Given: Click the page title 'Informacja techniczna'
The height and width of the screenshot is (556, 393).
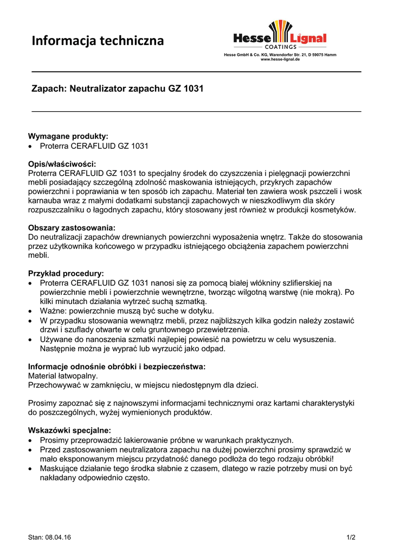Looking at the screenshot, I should pyautogui.click(x=98, y=41).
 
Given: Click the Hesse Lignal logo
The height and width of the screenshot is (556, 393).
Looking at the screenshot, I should pyautogui.click(x=280, y=34).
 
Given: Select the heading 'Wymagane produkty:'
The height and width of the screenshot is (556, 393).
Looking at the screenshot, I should pyautogui.click(x=68, y=136).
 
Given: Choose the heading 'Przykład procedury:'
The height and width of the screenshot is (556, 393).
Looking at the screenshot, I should pyautogui.click(x=66, y=273).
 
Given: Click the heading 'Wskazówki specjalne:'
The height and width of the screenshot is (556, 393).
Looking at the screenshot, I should pyautogui.click(x=69, y=430).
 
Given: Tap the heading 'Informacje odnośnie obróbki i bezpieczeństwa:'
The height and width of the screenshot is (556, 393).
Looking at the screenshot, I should pyautogui.click(x=117, y=367).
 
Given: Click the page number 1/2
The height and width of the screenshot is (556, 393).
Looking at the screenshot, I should pyautogui.click(x=351, y=538).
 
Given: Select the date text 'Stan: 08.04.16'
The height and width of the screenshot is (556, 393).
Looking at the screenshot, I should pyautogui.click(x=49, y=538).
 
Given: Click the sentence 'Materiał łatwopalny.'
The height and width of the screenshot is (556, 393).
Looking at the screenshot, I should pyautogui.click(x=63, y=376).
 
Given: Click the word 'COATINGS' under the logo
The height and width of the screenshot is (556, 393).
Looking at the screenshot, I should pyautogui.click(x=280, y=47).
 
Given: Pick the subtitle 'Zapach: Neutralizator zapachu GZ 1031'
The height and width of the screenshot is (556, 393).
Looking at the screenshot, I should pyautogui.click(x=117, y=89).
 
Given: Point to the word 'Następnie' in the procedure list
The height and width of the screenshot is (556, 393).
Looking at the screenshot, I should pyautogui.click(x=58, y=349).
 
